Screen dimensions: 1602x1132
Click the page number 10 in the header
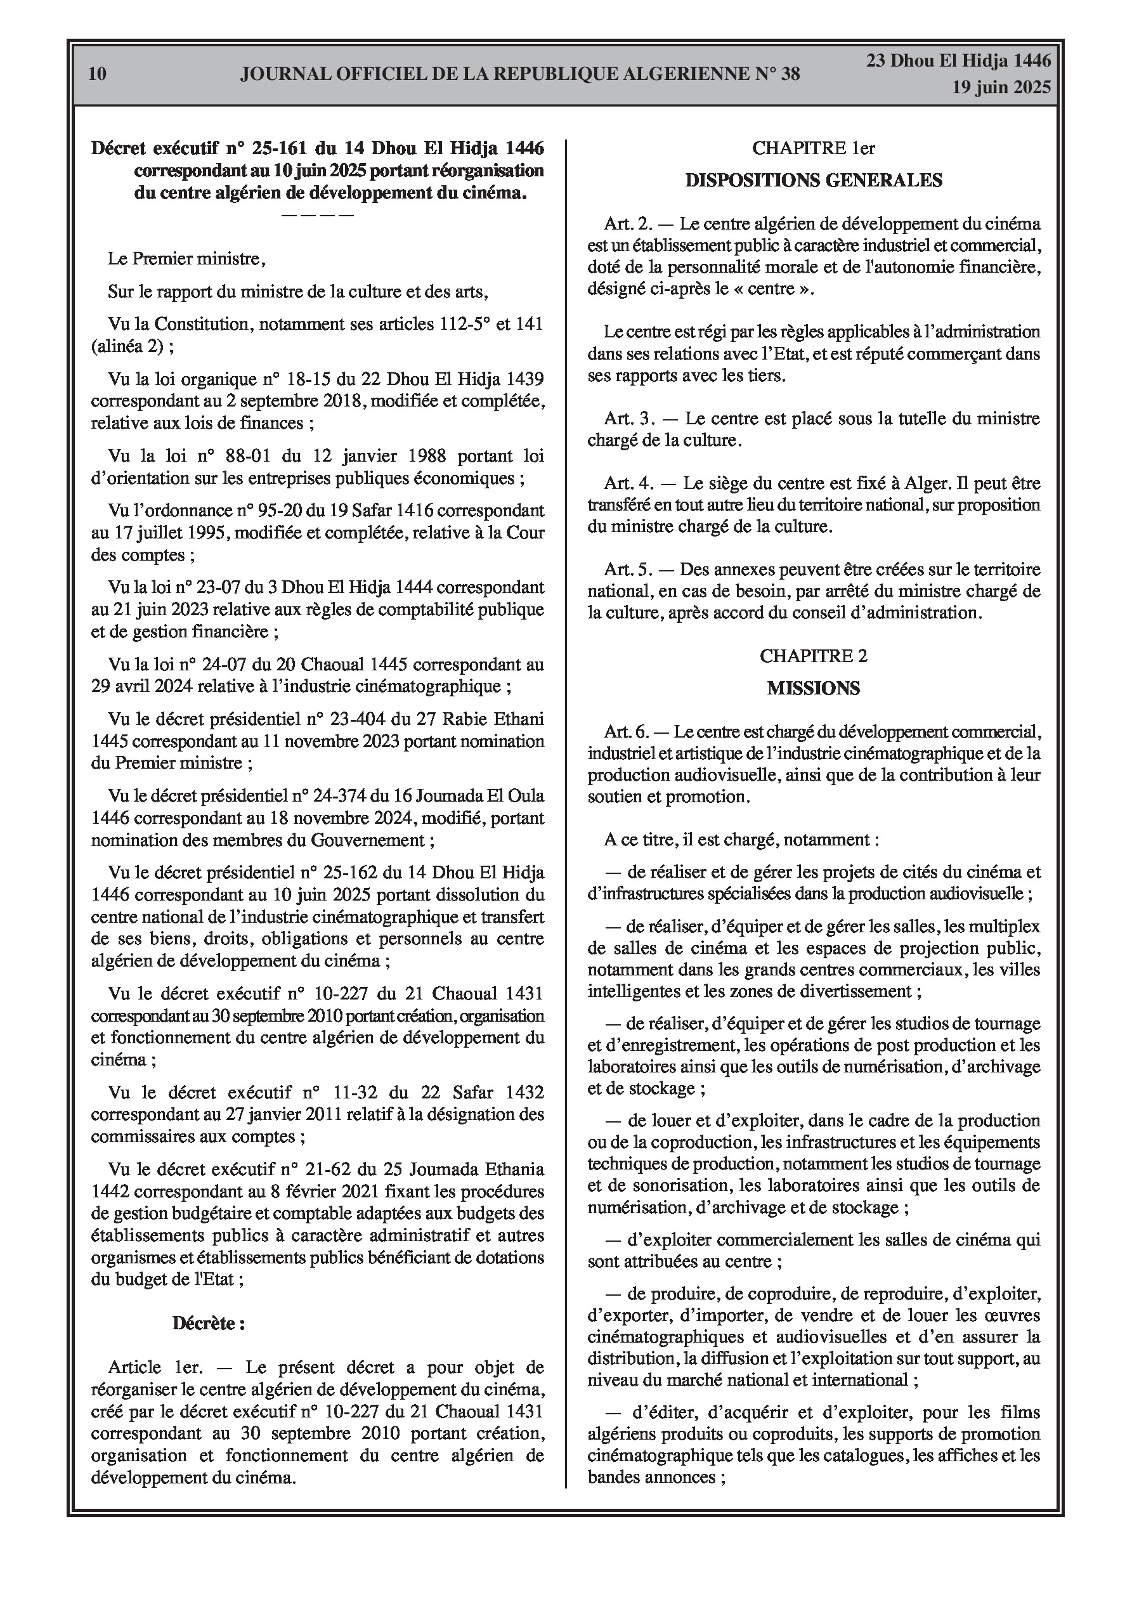98,74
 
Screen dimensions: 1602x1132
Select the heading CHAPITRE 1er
813,148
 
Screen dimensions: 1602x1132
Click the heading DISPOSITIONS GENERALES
813,181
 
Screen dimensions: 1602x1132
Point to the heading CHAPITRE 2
813,656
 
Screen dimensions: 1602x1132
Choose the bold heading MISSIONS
813,689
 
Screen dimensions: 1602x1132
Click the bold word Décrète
208,1323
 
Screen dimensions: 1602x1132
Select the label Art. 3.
630,419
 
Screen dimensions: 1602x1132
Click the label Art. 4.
630,483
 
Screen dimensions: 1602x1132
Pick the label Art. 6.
627,732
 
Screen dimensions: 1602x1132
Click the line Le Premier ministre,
186,259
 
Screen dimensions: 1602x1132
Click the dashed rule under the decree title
318,214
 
